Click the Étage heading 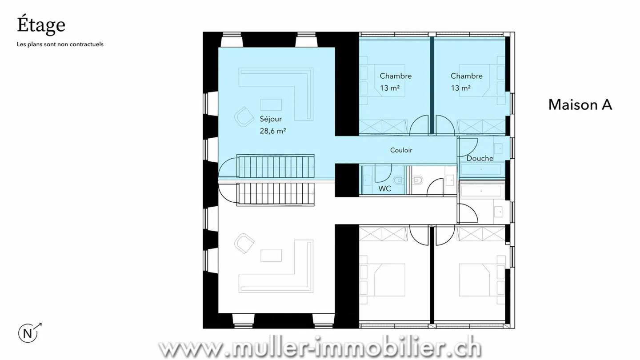[41, 25]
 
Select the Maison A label [580, 104]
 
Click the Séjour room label [271, 119]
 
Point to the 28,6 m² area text [272, 131]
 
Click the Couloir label [401, 150]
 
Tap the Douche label [480, 158]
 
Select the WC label [384, 188]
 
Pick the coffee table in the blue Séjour [271, 105]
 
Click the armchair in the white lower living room [244, 243]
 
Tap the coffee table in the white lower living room [271, 256]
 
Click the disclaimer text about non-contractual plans [60, 44]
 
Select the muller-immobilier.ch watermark [320, 348]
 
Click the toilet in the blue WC [398, 180]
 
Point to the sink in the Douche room [499, 148]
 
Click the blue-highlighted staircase [276, 166]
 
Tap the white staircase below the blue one [276, 194]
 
